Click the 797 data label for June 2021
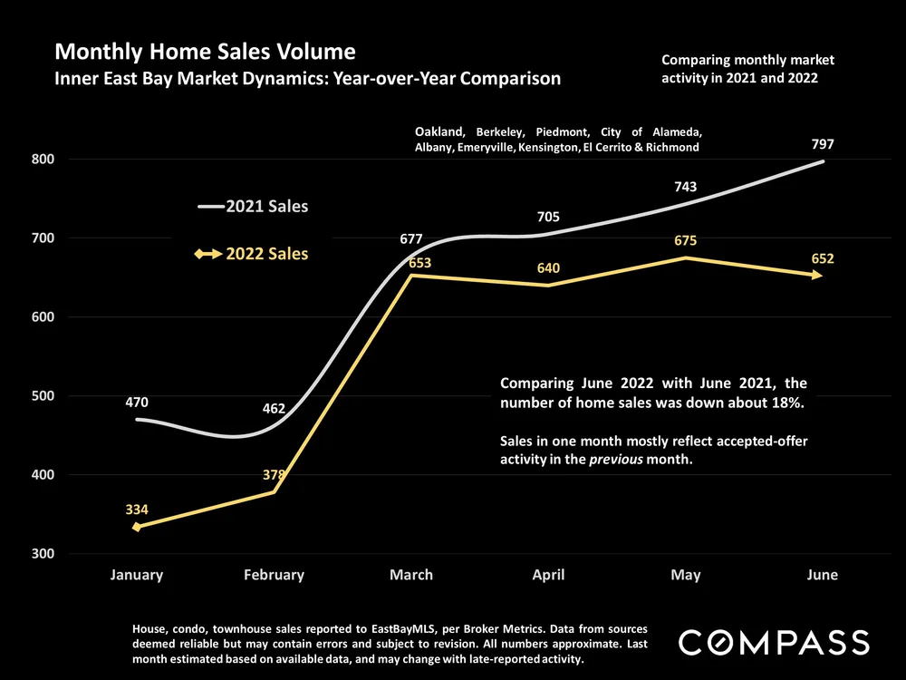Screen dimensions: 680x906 click(x=823, y=144)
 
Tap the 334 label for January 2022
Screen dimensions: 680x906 click(x=137, y=510)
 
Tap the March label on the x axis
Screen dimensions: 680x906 click(x=410, y=575)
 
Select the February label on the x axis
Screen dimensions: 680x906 click(x=274, y=575)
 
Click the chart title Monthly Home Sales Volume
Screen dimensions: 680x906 click(x=205, y=51)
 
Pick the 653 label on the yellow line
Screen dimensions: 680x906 click(x=418, y=264)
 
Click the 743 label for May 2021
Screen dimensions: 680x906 click(x=685, y=186)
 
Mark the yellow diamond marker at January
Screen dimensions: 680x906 click(x=137, y=527)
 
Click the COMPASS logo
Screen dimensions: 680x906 click(x=774, y=642)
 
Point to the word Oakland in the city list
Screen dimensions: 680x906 click(x=440, y=131)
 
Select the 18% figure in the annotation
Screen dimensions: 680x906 click(x=789, y=403)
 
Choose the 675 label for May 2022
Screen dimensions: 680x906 click(x=685, y=241)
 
